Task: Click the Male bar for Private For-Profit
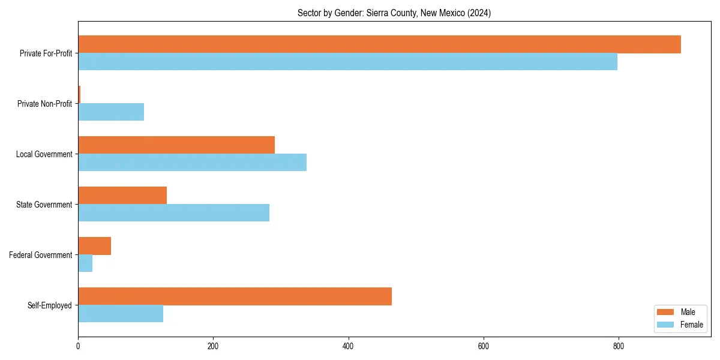379,44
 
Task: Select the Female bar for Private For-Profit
347,62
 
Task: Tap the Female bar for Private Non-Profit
111,112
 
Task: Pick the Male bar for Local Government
176,145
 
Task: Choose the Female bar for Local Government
192,163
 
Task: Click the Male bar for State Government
122,196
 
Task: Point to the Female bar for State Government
173,213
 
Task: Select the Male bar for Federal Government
94,246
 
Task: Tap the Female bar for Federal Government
85,263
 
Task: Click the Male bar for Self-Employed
235,296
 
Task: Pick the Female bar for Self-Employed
121,314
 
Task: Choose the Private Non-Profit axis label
44,104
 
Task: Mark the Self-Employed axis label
49,305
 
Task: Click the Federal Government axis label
41,255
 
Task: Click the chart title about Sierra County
394,13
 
